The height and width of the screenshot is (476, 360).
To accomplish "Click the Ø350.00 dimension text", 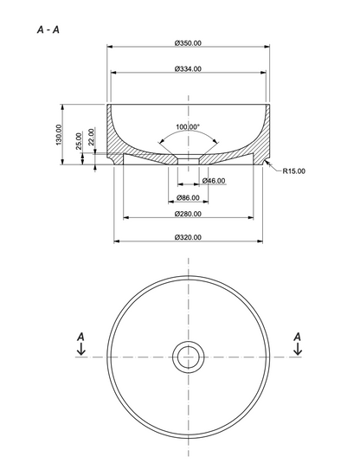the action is (x=188, y=43).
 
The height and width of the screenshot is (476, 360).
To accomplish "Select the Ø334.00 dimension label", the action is (x=188, y=69).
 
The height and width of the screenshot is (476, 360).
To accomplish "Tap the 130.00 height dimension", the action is (x=59, y=134).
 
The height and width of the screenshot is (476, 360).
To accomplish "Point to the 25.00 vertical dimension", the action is (x=79, y=141).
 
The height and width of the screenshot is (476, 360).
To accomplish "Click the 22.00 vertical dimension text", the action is (x=92, y=137).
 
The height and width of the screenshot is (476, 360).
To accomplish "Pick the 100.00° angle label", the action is (x=188, y=126).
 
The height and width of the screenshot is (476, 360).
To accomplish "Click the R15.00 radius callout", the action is (x=294, y=171).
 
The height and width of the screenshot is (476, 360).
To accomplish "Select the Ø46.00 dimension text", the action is (x=214, y=181).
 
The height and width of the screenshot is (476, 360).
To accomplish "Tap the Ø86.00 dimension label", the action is (x=188, y=198).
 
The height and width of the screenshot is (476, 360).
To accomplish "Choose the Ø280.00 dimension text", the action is (x=188, y=214).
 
